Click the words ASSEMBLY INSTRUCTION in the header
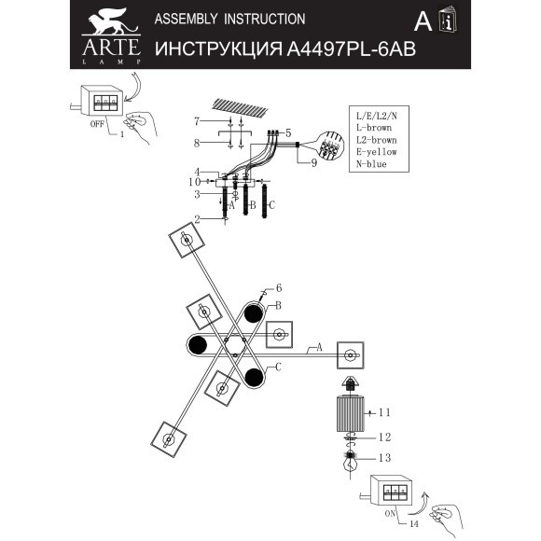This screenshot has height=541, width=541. pyautogui.click(x=229, y=19)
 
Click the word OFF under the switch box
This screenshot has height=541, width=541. pyautogui.click(x=95, y=121)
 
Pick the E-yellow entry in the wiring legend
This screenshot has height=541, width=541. pyautogui.click(x=375, y=150)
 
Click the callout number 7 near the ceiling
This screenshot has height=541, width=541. pyautogui.click(x=197, y=121)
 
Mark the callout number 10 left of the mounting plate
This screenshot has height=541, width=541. pyautogui.click(x=195, y=182)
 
